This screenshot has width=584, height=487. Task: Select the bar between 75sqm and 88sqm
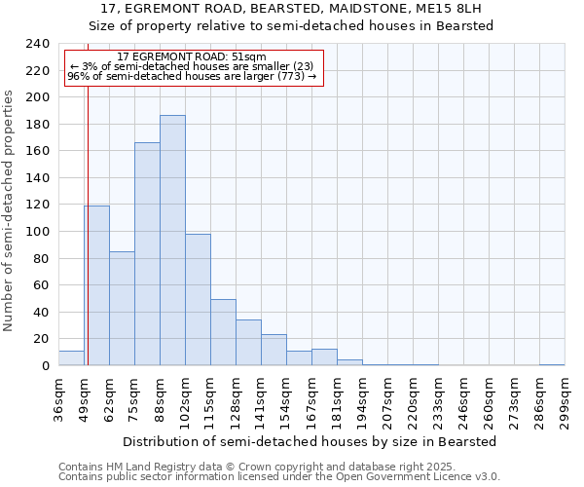147,254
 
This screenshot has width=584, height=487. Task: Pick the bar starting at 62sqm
122,309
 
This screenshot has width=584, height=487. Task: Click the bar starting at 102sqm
198,300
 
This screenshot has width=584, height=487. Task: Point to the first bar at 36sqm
71,358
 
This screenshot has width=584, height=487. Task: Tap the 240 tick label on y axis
37,44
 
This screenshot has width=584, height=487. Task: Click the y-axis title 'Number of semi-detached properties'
9,210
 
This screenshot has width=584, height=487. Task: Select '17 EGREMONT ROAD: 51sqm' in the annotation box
190,57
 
